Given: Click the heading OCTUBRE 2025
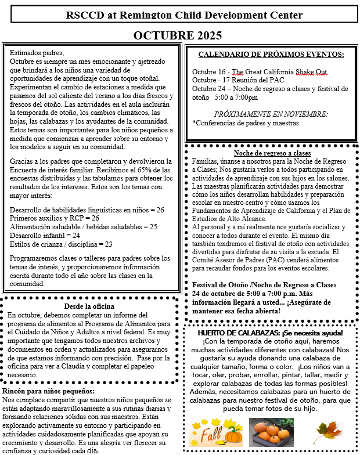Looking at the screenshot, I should [x=177, y=35].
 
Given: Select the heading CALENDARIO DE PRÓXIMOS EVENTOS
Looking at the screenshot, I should [x=271, y=55].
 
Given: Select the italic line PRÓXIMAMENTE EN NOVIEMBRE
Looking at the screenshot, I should [x=271, y=114].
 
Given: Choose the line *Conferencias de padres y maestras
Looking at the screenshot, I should [x=246, y=122].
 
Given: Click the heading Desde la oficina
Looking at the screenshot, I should [x=89, y=306].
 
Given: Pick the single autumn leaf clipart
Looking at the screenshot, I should [x=326, y=432].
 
